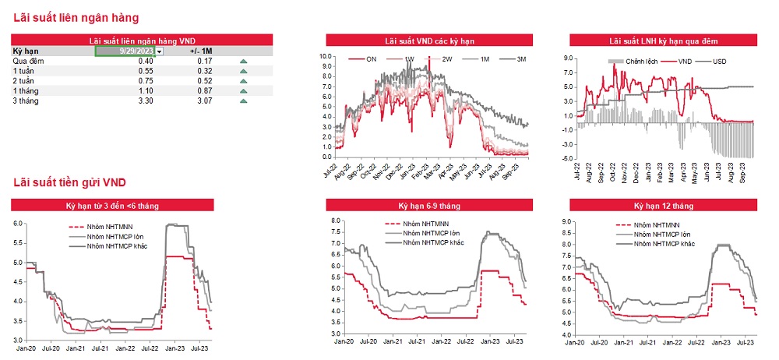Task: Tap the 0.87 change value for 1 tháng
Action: click(x=205, y=91)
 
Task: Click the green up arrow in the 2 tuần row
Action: click(x=244, y=81)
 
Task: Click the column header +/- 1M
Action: click(x=201, y=51)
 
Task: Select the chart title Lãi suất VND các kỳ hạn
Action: click(x=429, y=40)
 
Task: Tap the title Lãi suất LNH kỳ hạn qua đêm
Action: click(x=663, y=40)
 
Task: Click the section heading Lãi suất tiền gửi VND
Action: click(x=69, y=183)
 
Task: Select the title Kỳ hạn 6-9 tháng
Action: click(x=429, y=206)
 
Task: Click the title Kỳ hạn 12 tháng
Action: click(x=663, y=206)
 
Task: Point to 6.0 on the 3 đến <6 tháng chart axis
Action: click(x=19, y=224)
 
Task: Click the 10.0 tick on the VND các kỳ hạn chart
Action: click(x=326, y=56)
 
